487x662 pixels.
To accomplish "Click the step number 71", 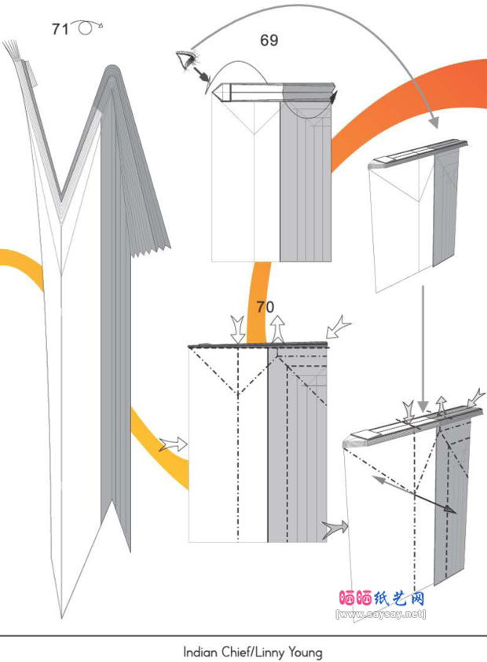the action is (x=60, y=29).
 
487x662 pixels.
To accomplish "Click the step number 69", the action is (x=269, y=41).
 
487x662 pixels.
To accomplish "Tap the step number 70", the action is (x=265, y=307).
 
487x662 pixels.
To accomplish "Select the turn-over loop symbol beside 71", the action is (x=87, y=27).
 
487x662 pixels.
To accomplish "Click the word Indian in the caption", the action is (x=198, y=652).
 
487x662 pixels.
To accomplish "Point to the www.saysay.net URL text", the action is (x=380, y=613).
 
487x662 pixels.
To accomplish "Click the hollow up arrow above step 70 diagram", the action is (x=277, y=328).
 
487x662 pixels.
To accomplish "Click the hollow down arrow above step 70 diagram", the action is (x=238, y=330).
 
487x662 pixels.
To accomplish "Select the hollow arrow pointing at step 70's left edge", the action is (x=173, y=444).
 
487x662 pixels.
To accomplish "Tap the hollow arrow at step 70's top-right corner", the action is (x=339, y=329).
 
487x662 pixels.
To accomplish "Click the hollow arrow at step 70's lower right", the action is (x=335, y=529).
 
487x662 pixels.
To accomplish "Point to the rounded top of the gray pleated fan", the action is (x=112, y=70).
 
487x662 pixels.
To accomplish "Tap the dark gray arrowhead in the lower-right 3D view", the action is (x=450, y=510).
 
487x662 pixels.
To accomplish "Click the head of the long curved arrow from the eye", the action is (x=434, y=123).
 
